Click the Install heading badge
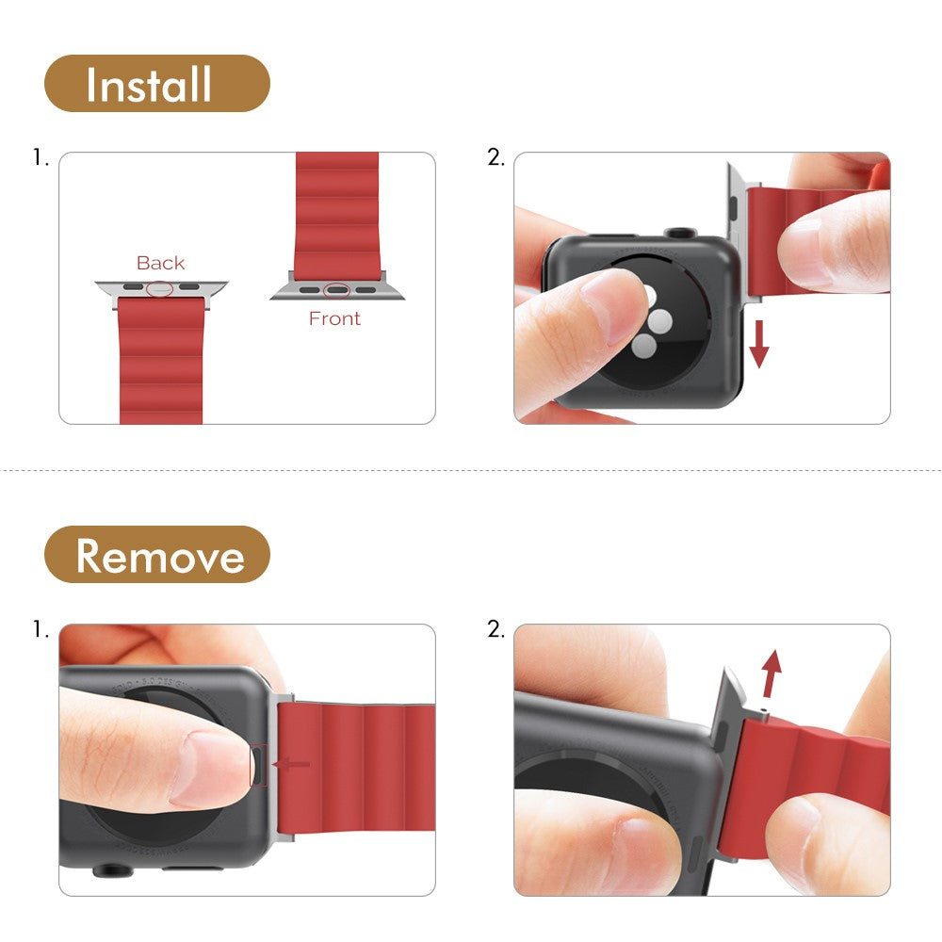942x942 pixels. pos(156,84)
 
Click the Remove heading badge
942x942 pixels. pos(156,555)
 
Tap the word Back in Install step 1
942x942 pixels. pos(160,263)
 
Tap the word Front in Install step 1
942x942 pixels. pos(334,318)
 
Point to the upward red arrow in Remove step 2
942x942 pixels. pos(771,672)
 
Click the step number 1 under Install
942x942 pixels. pos(40,158)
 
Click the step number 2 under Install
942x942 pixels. pos(495,158)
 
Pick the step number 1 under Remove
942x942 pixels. pos(40,629)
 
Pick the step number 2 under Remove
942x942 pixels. pos(495,629)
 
